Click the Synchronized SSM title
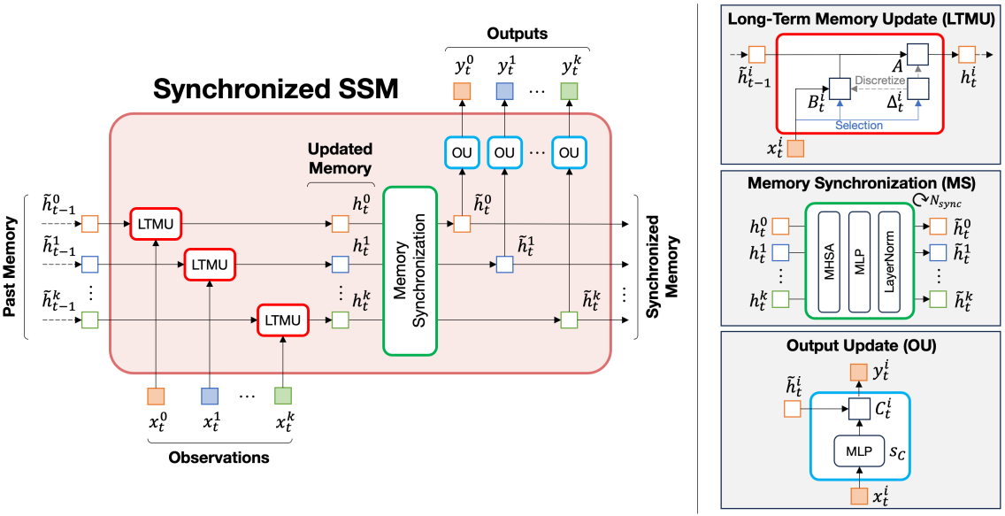276,89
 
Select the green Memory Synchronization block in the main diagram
410,271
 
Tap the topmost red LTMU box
155,224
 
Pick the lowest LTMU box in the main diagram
283,320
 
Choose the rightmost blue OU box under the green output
568,152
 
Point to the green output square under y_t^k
568,90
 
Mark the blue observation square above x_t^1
210,396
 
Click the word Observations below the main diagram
219,458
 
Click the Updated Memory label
340,158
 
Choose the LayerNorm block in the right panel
890,260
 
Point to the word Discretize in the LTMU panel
879,81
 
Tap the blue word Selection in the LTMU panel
858,126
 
